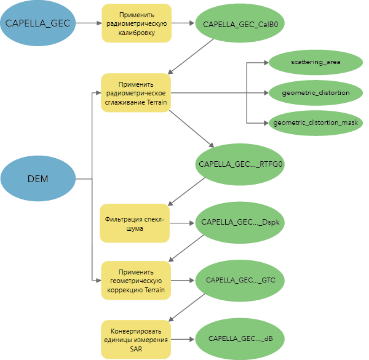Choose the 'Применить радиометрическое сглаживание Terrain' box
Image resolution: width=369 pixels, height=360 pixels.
coord(136,92)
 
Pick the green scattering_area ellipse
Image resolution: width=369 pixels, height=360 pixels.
coord(315,62)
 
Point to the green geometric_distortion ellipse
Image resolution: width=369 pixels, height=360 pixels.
coord(315,92)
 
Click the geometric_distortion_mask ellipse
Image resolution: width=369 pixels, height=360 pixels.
coord(315,122)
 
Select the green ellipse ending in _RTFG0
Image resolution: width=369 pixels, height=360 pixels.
coord(240,165)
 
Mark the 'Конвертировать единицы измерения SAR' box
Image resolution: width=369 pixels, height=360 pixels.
coord(136,338)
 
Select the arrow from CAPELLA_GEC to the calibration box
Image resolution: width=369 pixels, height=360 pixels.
coord(87,23)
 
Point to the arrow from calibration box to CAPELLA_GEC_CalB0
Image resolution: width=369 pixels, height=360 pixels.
coord(182,24)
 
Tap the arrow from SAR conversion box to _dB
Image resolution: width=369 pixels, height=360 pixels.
coord(183,338)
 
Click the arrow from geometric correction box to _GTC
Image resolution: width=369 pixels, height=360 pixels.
coord(181,280)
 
